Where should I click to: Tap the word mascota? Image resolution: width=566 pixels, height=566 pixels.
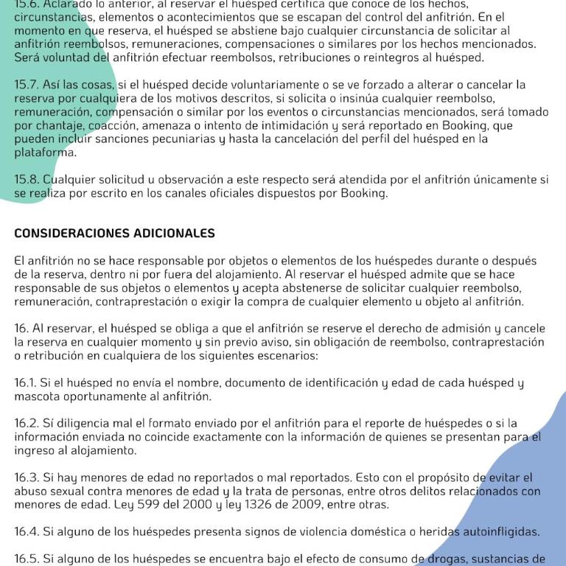[38, 396]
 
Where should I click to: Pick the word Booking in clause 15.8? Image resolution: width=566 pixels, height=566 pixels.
[364, 193]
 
